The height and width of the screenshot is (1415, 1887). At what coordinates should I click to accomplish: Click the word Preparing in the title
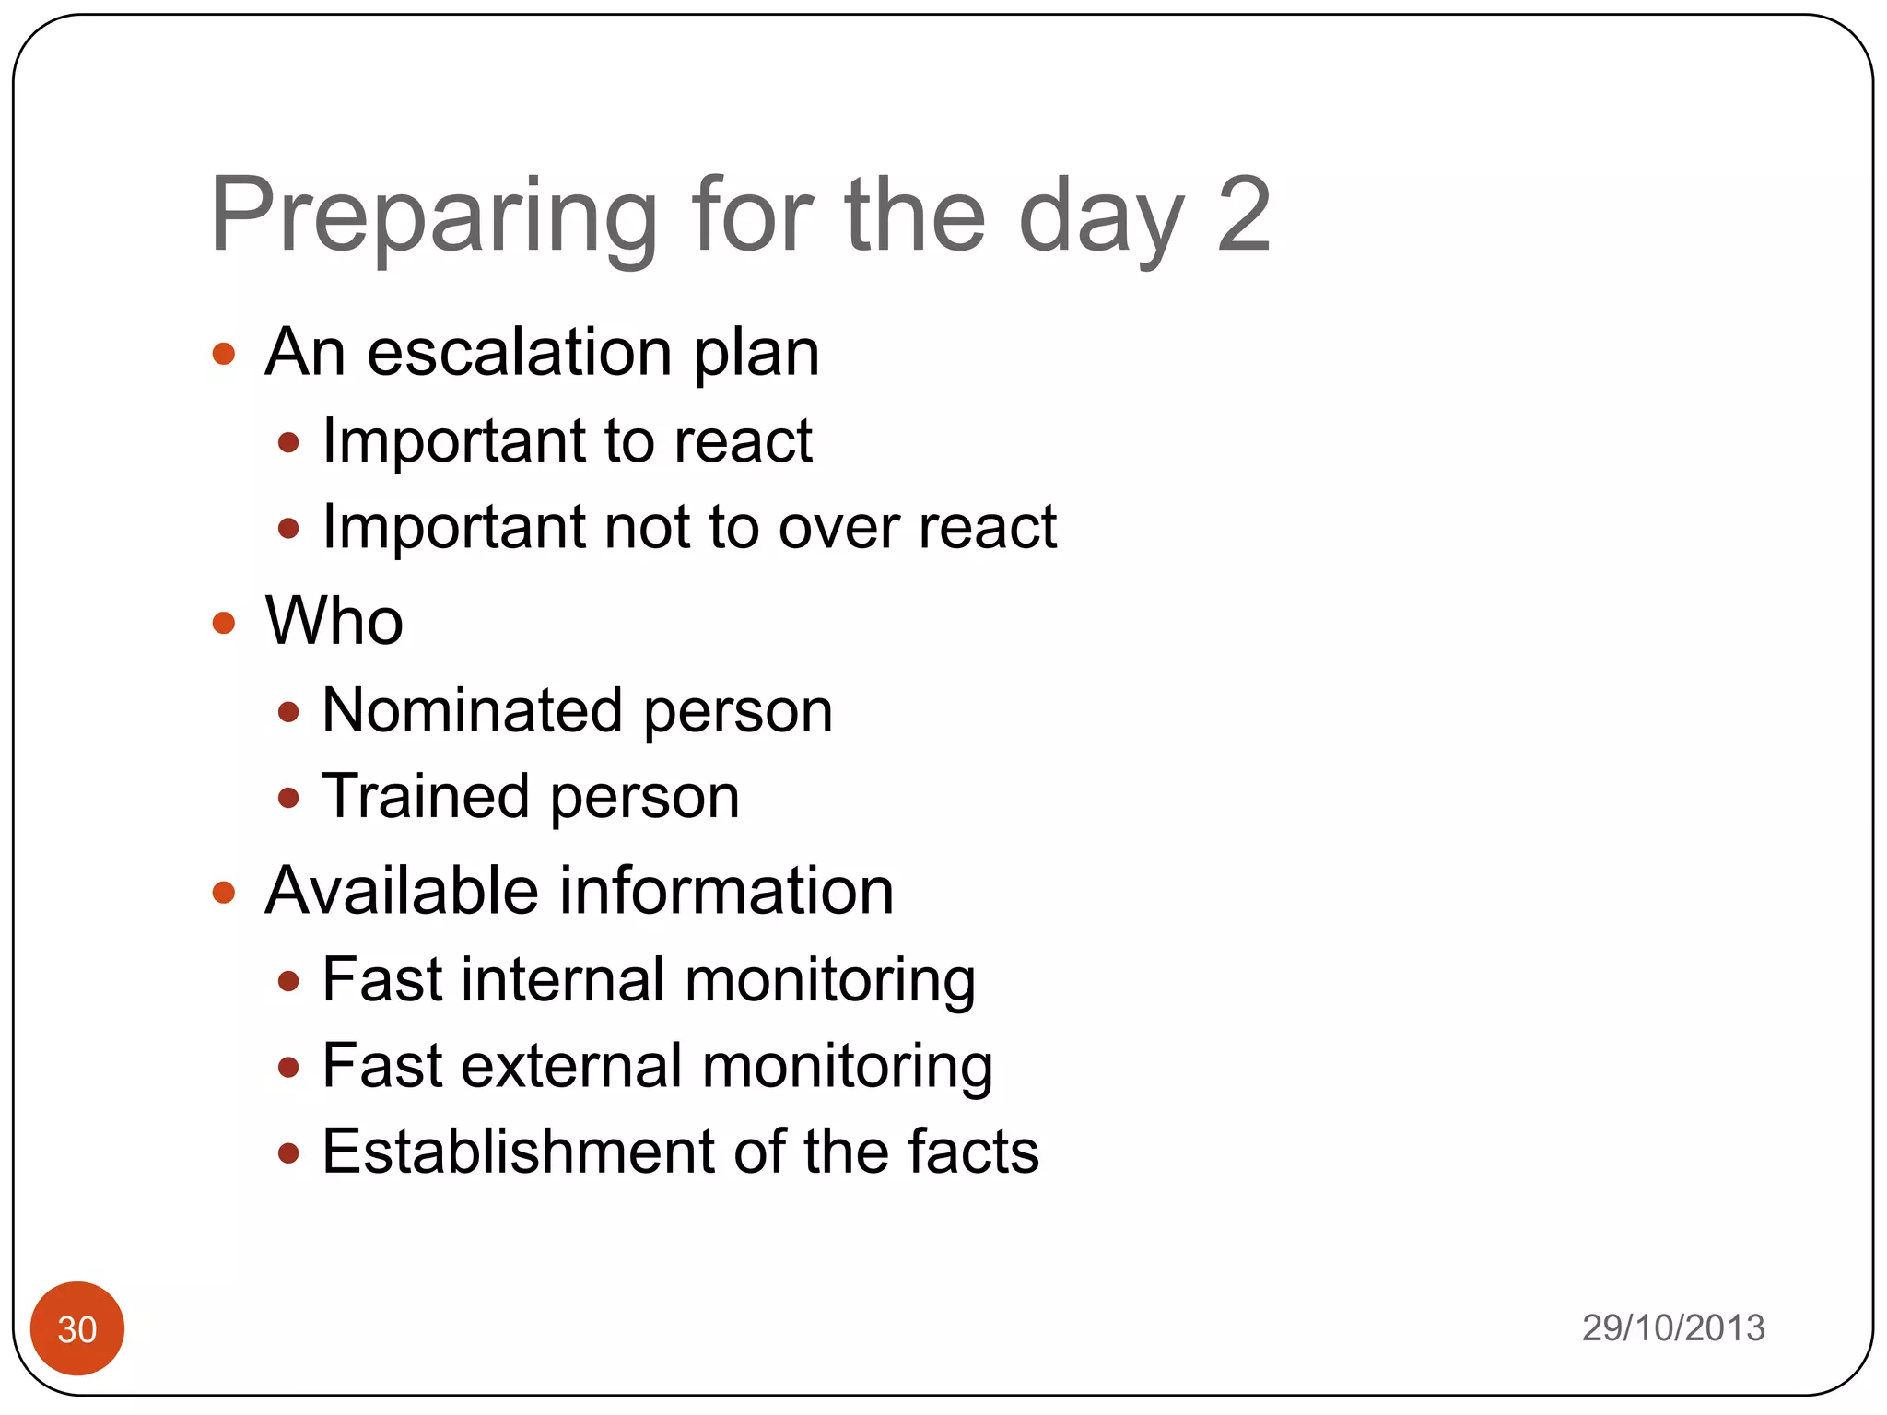(433, 217)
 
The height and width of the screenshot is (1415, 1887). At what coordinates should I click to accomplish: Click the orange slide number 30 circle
(77, 1327)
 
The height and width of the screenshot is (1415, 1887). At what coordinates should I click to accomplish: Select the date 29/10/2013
(1672, 1327)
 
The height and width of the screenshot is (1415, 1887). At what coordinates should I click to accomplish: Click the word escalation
(520, 353)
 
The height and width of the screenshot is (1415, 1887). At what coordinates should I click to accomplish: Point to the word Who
(334, 621)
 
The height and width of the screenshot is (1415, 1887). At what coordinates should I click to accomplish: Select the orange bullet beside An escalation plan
(224, 354)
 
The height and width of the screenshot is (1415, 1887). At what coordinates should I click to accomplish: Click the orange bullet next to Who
(224, 623)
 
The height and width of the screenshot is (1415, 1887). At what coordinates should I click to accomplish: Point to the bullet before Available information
(224, 892)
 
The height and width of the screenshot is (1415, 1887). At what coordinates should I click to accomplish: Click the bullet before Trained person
(288, 797)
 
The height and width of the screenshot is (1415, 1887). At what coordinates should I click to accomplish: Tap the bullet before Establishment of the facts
(288, 1152)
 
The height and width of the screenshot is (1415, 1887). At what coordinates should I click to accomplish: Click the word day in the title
(1101, 217)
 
